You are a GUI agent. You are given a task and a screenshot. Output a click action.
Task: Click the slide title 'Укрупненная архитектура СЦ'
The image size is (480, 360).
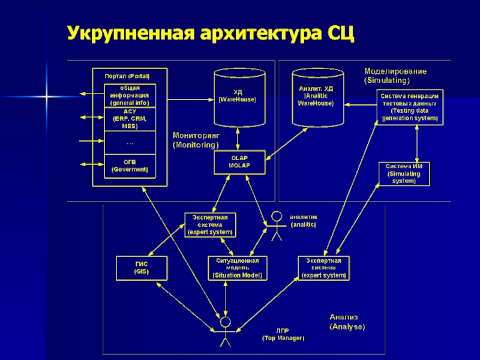tap(211, 33)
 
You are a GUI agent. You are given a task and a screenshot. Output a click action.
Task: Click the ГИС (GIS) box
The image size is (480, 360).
tap(141, 268)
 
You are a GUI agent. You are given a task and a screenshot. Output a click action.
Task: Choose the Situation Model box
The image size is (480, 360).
tap(238, 268)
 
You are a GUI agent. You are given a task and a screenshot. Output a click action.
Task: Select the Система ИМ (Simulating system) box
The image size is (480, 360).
tap(403, 173)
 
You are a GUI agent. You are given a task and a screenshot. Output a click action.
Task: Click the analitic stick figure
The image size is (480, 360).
tap(277, 226)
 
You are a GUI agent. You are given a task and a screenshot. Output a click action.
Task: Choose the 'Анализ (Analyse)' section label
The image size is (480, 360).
tap(347, 322)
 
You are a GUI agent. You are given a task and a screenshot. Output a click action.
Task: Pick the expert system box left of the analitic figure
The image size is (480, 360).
tap(210, 224)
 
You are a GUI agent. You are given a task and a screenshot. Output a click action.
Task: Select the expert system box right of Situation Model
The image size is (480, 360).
tap(323, 268)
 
